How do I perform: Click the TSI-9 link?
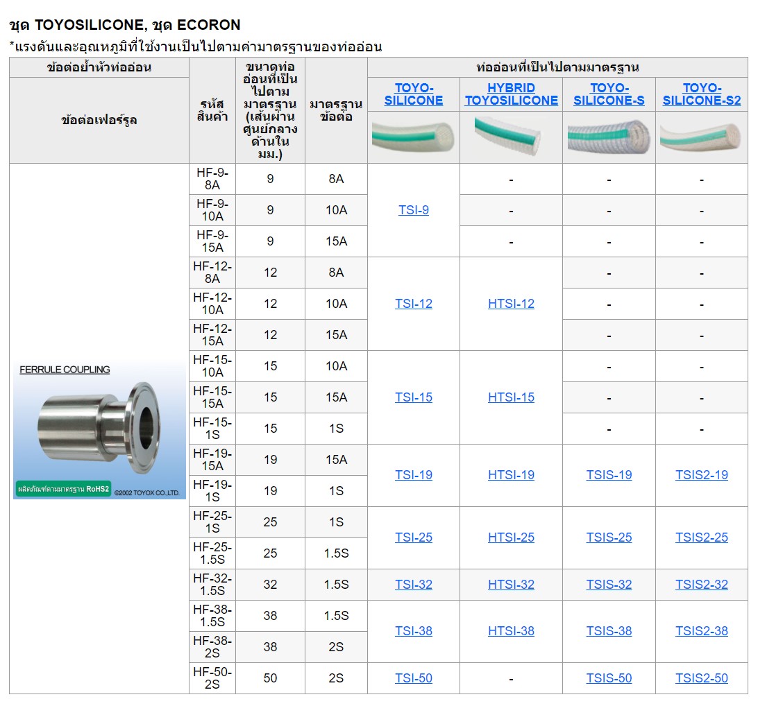[414, 210]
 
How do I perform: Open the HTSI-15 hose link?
[511, 397]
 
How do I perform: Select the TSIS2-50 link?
[702, 678]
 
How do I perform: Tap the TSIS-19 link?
[609, 475]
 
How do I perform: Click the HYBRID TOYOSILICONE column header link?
[511, 94]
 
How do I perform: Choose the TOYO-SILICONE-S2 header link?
[702, 94]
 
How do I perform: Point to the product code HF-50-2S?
[212, 678]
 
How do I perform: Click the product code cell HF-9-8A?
[212, 179]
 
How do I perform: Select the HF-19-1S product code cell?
[212, 490]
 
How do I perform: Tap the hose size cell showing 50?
[270, 678]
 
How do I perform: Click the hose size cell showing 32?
[270, 585]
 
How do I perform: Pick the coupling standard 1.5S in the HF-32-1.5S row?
[336, 585]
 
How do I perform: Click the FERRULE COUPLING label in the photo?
[65, 370]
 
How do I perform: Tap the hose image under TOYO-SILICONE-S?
[609, 137]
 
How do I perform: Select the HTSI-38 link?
[511, 631]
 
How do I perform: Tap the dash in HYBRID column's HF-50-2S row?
[511, 679]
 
